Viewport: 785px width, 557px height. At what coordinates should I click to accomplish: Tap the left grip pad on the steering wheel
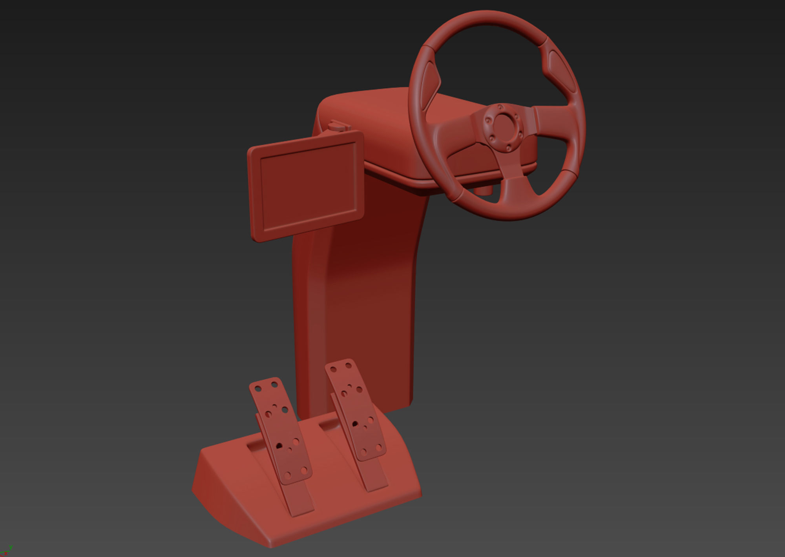[x=429, y=84]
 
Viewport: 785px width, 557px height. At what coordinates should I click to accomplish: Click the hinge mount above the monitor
[x=338, y=126]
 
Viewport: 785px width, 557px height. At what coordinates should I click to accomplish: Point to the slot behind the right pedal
[x=329, y=424]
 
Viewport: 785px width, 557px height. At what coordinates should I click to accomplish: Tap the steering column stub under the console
[x=484, y=189]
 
